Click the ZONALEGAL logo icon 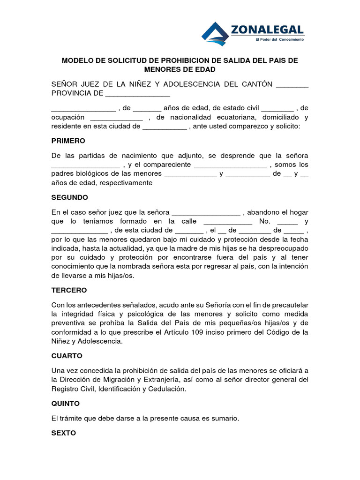[215, 34]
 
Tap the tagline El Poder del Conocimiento [279, 40]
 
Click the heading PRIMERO [68, 141]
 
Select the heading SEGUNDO [69, 197]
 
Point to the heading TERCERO [69, 290]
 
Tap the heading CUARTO [67, 356]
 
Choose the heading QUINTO [65, 403]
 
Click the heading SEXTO [63, 433]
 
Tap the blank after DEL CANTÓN [292, 84]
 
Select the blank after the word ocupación [116, 117]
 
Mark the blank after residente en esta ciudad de [164, 127]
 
